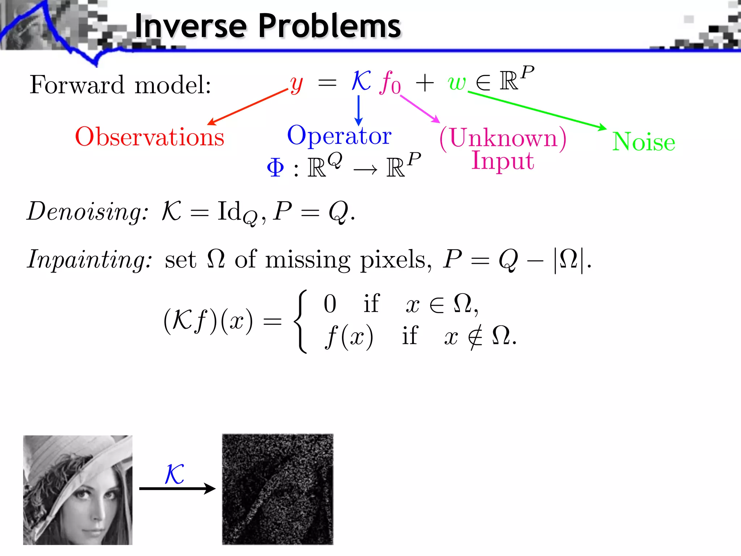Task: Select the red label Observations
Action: coord(149,137)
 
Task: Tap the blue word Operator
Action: coord(339,136)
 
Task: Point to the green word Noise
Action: coord(643,142)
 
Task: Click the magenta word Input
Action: coord(503,160)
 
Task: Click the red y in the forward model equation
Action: coord(296,84)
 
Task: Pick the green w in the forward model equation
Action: coord(456,83)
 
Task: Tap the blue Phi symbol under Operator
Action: coord(275,168)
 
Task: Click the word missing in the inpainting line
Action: coord(308,260)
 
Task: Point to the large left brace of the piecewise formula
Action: coord(300,321)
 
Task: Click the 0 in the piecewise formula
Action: coord(330,304)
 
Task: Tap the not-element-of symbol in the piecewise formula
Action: coord(475,337)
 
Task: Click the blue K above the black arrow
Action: coord(174,474)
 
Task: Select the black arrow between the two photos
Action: coord(177,489)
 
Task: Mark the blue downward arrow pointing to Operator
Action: coord(358,110)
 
